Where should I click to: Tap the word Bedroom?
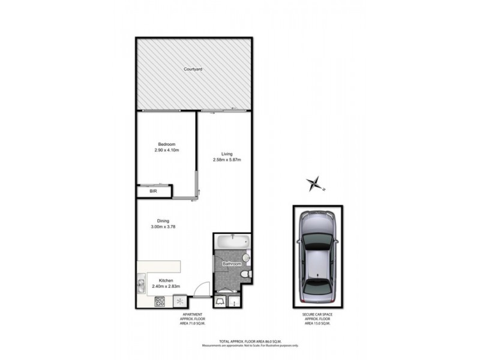167,144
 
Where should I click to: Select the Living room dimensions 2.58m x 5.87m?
227,160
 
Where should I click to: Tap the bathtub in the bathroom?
231,242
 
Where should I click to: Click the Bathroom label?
232,264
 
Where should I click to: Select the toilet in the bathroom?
244,274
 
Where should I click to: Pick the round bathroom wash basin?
246,259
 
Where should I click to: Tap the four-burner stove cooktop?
160,301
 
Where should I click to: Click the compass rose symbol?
313,183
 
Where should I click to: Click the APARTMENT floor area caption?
193,319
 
